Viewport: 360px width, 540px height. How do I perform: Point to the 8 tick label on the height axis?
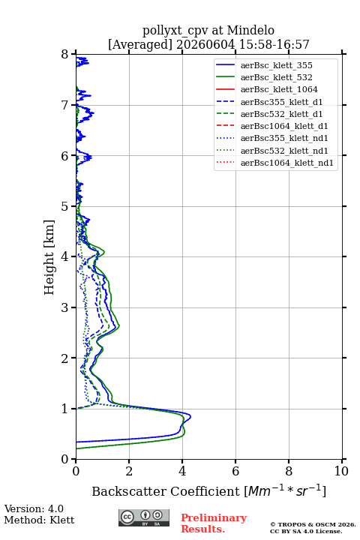point(65,55)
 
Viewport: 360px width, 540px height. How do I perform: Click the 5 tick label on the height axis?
point(65,206)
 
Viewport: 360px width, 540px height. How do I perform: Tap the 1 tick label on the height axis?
point(65,409)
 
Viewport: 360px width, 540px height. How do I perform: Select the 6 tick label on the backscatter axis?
point(235,471)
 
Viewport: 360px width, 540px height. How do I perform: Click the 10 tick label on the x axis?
point(341,471)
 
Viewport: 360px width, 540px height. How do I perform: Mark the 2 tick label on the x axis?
point(129,471)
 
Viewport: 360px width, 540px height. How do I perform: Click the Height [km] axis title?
point(49,257)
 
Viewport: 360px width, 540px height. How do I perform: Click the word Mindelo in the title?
point(250,30)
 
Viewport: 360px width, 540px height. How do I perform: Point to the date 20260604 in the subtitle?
point(206,44)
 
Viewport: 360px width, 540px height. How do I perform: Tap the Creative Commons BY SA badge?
point(144,518)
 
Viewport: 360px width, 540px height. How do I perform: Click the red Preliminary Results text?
point(214,523)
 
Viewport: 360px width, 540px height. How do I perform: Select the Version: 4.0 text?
point(34,508)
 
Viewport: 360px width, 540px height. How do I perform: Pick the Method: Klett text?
point(39,520)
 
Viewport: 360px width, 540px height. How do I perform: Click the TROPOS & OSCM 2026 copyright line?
point(313,524)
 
